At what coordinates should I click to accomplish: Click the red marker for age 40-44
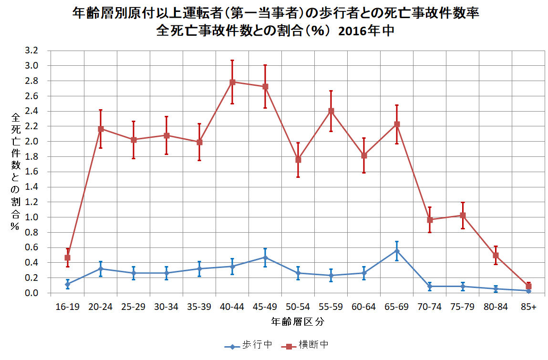tap(232, 82)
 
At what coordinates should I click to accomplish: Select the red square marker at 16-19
tap(67, 257)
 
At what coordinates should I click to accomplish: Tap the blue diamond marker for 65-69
tap(397, 251)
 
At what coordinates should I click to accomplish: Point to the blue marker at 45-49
tap(265, 257)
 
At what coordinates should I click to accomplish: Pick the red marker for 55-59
tap(331, 111)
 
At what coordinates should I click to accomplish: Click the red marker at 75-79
tap(463, 216)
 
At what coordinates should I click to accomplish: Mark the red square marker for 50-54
tap(298, 160)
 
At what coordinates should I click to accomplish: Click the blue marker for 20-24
tap(101, 269)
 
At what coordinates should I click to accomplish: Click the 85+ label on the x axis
tap(528, 307)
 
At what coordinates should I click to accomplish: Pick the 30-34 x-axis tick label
tap(166, 307)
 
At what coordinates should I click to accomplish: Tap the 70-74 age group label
tap(430, 307)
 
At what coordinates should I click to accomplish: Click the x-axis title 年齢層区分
tap(298, 321)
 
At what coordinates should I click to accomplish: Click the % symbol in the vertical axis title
tap(16, 227)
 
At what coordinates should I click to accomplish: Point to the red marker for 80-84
tap(496, 256)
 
